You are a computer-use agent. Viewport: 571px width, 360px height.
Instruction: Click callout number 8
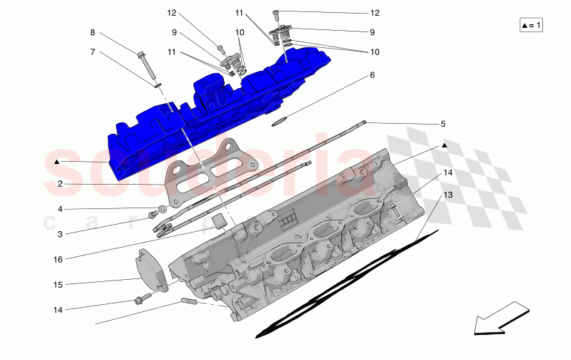click(92, 33)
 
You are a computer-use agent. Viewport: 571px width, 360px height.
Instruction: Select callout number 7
click(92, 52)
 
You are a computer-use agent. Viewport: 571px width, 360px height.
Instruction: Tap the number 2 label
click(60, 184)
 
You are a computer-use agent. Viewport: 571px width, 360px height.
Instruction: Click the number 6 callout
click(372, 74)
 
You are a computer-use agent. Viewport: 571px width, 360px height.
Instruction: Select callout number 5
click(443, 124)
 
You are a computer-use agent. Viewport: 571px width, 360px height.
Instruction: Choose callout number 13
click(447, 195)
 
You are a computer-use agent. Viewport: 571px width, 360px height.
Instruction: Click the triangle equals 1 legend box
click(532, 25)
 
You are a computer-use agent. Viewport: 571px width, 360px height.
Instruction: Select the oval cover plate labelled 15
click(152, 271)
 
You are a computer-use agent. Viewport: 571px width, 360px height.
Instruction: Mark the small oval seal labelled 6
click(280, 121)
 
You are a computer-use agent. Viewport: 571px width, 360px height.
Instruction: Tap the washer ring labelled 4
click(164, 210)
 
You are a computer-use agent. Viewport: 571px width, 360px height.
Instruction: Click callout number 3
click(60, 234)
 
